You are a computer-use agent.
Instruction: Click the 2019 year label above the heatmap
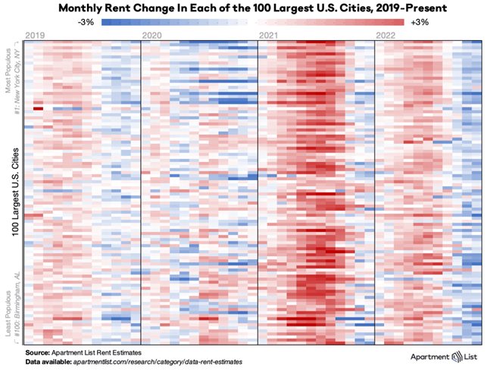(35, 36)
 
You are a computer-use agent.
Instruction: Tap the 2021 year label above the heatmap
(269, 36)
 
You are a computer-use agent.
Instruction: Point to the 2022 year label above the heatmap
(387, 36)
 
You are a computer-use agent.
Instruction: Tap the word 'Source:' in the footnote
(38, 353)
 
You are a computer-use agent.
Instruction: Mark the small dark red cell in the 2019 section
(37, 109)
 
